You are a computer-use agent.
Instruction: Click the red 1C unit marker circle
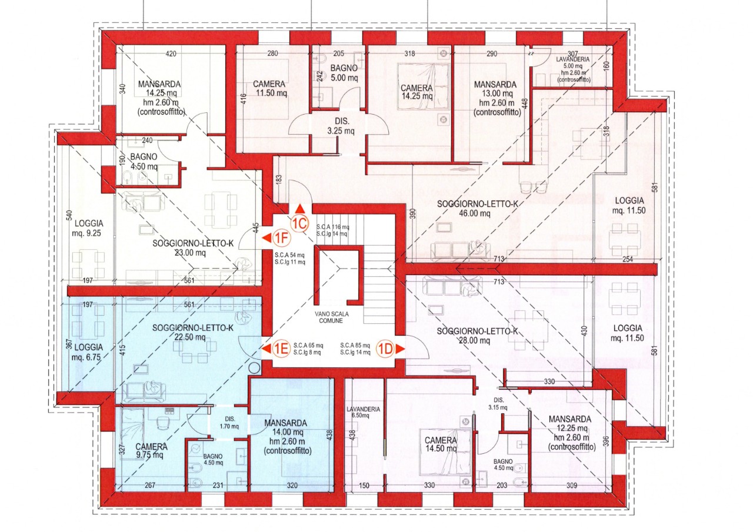300,223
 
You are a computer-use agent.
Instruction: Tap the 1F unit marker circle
281,238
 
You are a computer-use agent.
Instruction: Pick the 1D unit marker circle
386,349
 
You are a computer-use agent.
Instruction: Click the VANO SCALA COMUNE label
331,317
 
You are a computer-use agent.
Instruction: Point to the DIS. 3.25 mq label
341,126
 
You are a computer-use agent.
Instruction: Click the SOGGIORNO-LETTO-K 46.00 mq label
477,209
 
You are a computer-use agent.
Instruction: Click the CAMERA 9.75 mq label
151,451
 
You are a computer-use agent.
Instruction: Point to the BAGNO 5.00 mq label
344,73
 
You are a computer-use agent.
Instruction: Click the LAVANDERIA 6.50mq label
363,413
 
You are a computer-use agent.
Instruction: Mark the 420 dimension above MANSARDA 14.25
171,53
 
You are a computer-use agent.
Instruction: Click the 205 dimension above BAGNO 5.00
338,53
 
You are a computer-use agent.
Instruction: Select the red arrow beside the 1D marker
401,349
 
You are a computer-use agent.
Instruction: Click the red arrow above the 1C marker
300,209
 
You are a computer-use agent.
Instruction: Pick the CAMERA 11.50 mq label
269,88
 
